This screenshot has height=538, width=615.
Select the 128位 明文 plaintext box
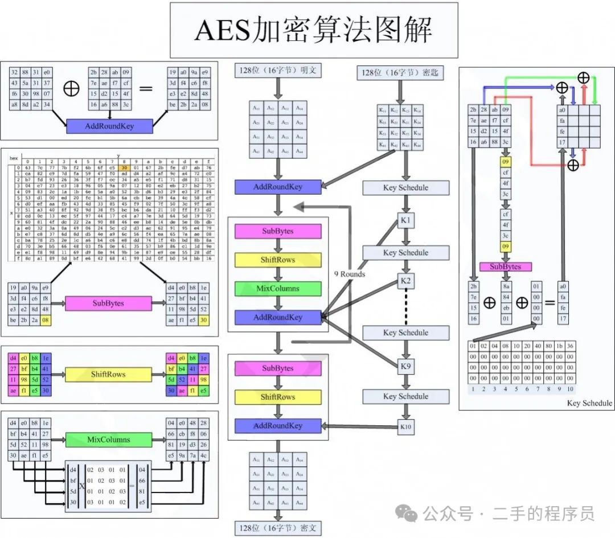[x=278, y=71]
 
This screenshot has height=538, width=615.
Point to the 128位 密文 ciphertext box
[x=277, y=527]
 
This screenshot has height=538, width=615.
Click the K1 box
[x=405, y=220]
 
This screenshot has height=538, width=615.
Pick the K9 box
[x=405, y=365]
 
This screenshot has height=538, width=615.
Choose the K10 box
[x=405, y=426]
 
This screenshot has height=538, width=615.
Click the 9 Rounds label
[x=350, y=274]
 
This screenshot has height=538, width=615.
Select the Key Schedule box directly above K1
[x=405, y=188]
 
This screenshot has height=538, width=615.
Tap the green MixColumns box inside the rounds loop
[x=277, y=288]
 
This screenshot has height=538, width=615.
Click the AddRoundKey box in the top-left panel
[x=110, y=126]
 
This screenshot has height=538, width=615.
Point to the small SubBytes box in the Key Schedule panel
[x=505, y=266]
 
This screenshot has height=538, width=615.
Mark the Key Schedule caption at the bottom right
[x=589, y=403]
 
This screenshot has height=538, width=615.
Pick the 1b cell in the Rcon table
[x=559, y=346]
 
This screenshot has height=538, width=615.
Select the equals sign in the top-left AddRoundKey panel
[x=146, y=89]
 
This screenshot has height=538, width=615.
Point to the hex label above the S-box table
[x=14, y=158]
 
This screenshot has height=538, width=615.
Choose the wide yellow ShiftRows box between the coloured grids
[x=108, y=374]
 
